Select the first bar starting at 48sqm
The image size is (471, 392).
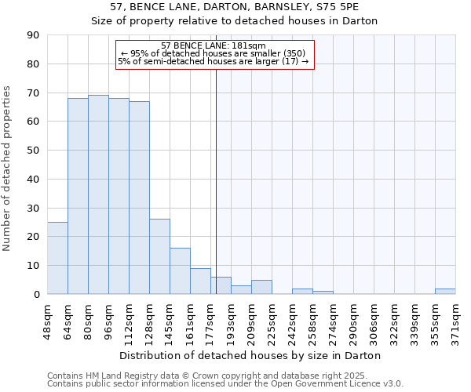[57, 258]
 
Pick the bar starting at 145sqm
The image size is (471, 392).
[180, 270]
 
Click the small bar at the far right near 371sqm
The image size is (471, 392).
[445, 291]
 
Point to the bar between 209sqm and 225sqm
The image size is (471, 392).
[261, 287]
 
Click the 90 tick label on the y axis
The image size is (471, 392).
[33, 35]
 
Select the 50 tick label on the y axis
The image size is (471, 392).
[33, 151]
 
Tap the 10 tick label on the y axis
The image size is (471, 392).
[33, 266]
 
